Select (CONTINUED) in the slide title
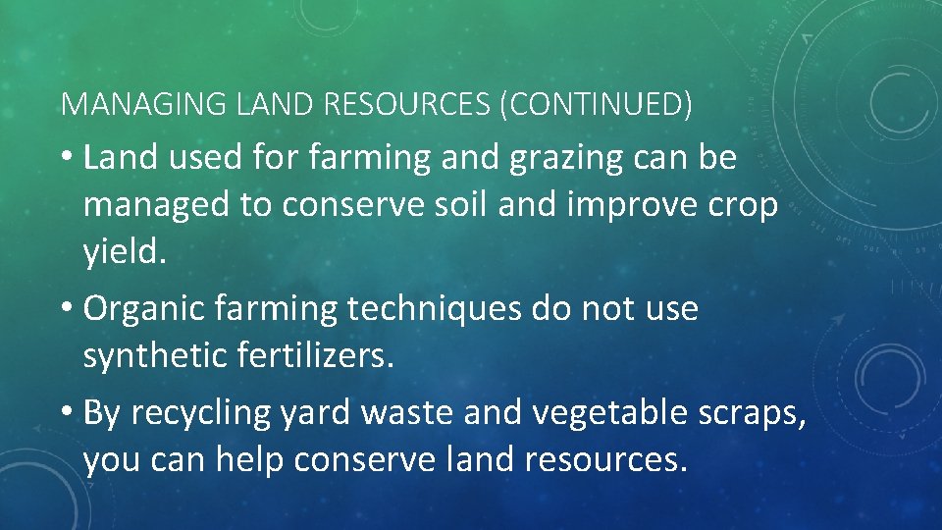click(596, 104)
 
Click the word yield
click(126, 254)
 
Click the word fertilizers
click(315, 357)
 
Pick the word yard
click(314, 414)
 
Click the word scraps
click(756, 414)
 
